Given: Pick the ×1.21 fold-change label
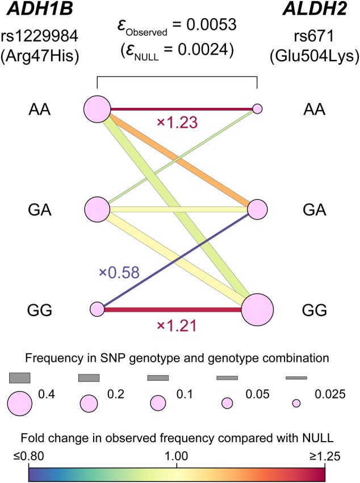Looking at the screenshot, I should coord(176,326).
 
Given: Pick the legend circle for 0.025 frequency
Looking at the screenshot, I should coord(296,403).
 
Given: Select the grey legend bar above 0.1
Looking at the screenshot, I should coord(158,377).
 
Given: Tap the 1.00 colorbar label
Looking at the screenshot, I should coord(178,455).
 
